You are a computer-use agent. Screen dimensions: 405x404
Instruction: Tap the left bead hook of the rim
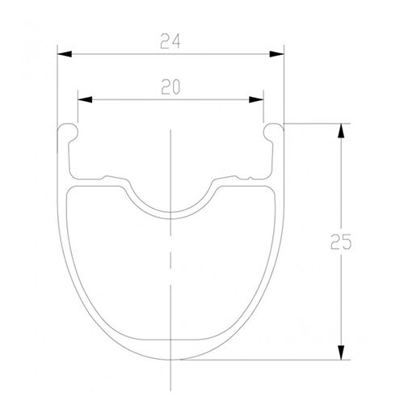point(67,129)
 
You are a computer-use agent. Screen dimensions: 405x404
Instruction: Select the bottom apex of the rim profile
point(170,358)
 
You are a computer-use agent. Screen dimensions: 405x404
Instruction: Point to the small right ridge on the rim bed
point(240,175)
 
